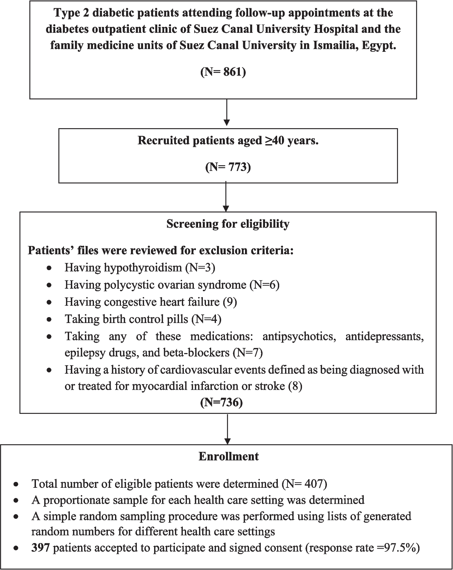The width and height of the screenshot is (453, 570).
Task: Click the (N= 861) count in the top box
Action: click(223, 73)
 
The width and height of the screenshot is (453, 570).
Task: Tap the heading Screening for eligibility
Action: click(228, 224)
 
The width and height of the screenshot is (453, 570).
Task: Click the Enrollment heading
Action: click(228, 456)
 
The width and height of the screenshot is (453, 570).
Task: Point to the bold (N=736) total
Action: click(221, 402)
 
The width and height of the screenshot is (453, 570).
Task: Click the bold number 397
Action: click(41, 549)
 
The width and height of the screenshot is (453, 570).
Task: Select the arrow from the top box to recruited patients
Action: click(227, 113)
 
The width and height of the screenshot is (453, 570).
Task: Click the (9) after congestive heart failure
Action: click(230, 302)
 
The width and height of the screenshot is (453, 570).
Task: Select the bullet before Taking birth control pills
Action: click(50, 319)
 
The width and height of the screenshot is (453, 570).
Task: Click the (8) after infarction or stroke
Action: click(295, 386)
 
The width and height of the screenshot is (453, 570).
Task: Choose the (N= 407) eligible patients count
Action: click(304, 484)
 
